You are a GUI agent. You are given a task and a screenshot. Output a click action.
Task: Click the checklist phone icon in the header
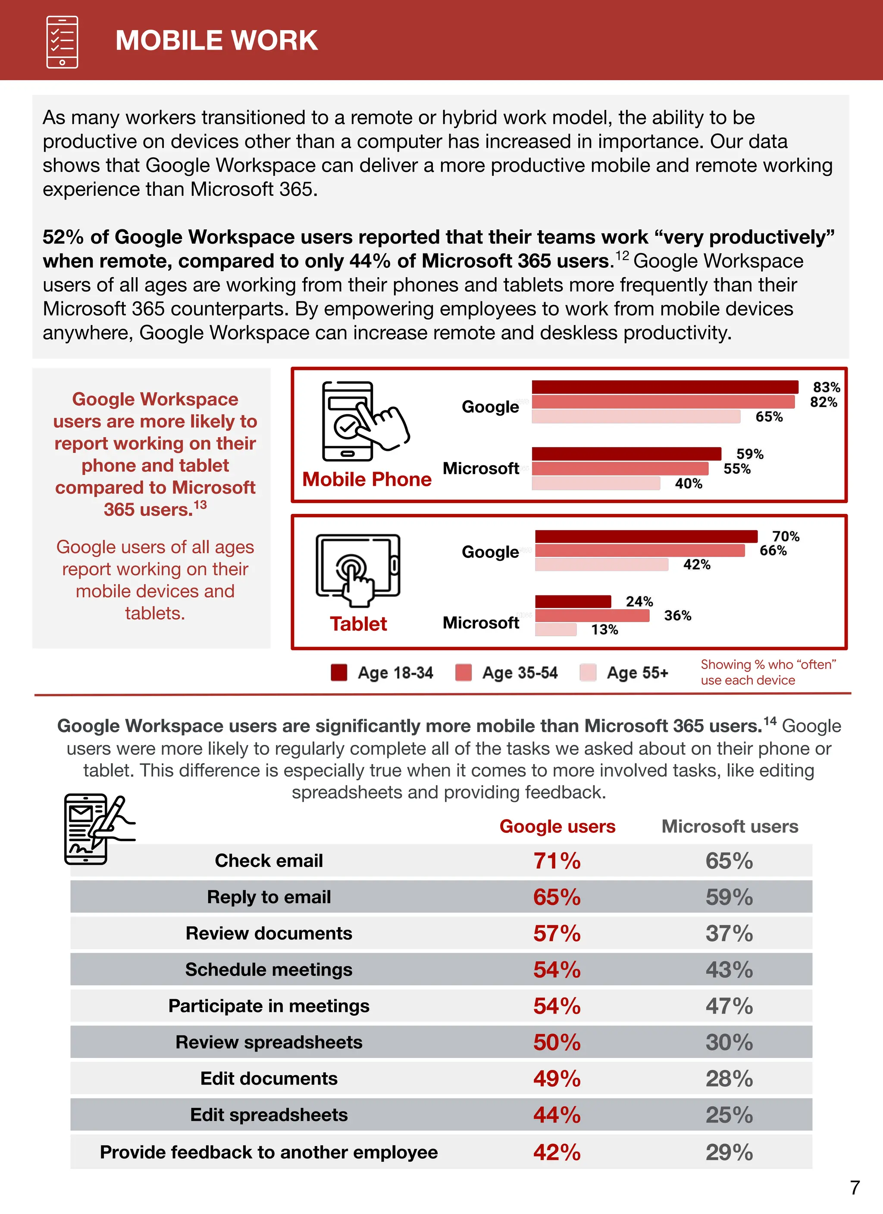pyautogui.click(x=62, y=42)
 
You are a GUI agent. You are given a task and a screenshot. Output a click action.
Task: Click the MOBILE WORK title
pyautogui.click(x=216, y=41)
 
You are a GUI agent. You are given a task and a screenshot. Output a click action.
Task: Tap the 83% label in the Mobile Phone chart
pyautogui.click(x=826, y=387)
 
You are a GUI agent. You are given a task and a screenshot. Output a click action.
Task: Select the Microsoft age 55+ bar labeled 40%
pyautogui.click(x=595, y=483)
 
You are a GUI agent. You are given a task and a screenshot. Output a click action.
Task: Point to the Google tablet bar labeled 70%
pyautogui.click(x=646, y=536)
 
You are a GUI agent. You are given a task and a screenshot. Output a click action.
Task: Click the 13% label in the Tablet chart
pyautogui.click(x=604, y=629)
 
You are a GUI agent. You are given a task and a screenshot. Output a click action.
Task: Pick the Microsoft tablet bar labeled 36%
pyautogui.click(x=592, y=616)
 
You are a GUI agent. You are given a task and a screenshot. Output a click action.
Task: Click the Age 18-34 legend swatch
pyautogui.click(x=339, y=672)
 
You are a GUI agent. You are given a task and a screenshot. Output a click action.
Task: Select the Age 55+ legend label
pyautogui.click(x=637, y=672)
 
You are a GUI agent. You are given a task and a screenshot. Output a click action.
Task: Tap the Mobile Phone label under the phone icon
pyautogui.click(x=367, y=479)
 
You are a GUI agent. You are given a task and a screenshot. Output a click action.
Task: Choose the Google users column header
pyautogui.click(x=557, y=826)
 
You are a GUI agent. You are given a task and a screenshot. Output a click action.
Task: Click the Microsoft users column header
pyautogui.click(x=730, y=826)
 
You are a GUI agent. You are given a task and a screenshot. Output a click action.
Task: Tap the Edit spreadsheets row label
pyautogui.click(x=269, y=1114)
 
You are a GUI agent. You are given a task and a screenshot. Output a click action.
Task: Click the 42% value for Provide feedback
pyautogui.click(x=557, y=1152)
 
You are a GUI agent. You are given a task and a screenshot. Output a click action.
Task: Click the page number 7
pyautogui.click(x=855, y=1187)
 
